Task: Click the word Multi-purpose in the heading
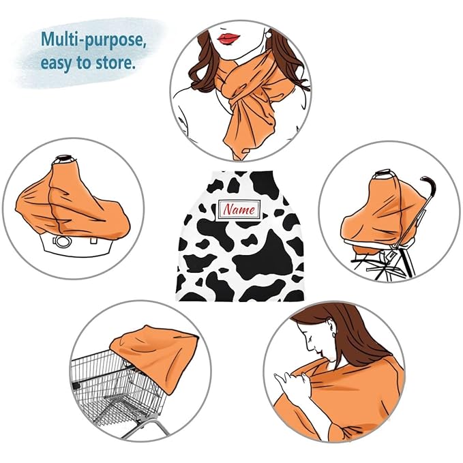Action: click(x=93, y=40)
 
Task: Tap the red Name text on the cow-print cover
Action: click(x=239, y=209)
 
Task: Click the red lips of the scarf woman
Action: click(x=228, y=38)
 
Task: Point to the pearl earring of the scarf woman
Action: click(x=268, y=35)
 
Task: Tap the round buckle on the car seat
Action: click(x=62, y=241)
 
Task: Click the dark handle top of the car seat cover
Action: click(x=65, y=158)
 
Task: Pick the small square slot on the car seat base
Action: click(x=93, y=241)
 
